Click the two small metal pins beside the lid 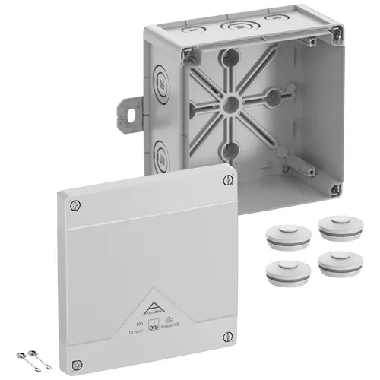(26, 356)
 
